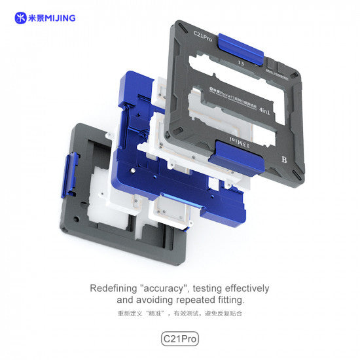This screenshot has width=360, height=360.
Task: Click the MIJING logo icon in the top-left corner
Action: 20,18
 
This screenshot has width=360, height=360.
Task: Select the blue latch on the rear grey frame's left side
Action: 69,175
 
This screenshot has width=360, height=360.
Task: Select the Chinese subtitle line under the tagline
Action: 179,314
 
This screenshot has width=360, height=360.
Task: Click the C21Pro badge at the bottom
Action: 179,339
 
